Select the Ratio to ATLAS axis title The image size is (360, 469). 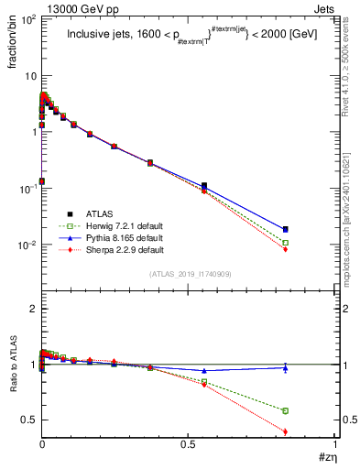pyautogui.click(x=14, y=391)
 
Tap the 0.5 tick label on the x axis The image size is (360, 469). pyautogui.click(x=189, y=445)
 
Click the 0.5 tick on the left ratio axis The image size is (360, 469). pyautogui.click(x=27, y=420)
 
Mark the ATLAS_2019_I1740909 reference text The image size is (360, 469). pyautogui.click(x=189, y=274)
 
